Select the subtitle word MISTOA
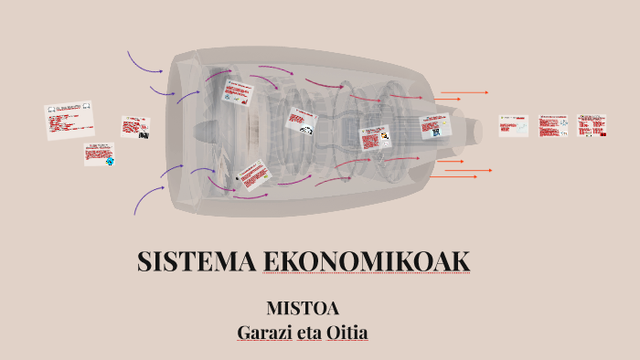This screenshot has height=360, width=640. tap(303, 309)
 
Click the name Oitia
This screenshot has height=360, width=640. tap(347, 332)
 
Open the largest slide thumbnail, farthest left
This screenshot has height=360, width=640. tap(69, 120)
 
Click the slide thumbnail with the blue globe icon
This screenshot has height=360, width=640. tap(99, 154)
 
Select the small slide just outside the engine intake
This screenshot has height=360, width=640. tap(135, 127)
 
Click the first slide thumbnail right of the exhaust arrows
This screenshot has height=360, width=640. tap(513, 125)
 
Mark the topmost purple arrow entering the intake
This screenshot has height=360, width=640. tap(144, 62)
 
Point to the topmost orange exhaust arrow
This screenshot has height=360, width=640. tap(464, 92)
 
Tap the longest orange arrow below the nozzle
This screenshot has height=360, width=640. tap(465, 171)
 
